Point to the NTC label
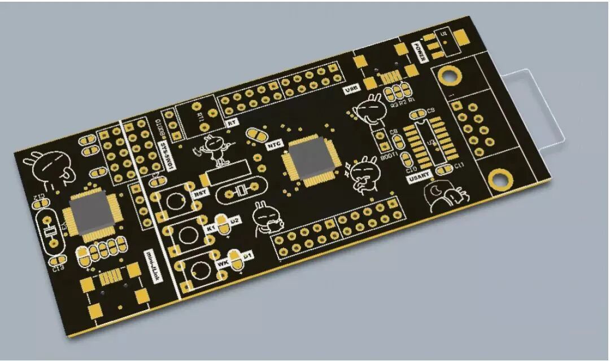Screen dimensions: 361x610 (x=274, y=144)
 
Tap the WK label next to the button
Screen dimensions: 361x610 (x=222, y=263)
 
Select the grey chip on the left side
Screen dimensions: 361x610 (x=91, y=214)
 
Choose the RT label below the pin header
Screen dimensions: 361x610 (x=231, y=122)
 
